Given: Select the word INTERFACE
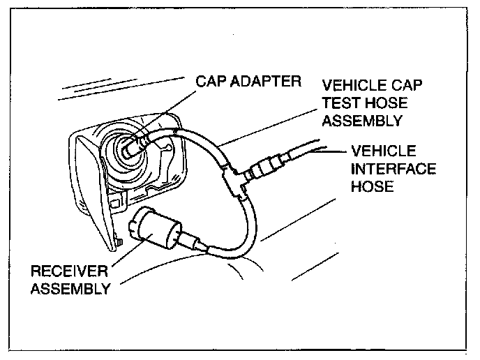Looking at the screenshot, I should pyautogui.click(x=394, y=169).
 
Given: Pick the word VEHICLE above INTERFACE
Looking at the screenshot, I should pyautogui.click(x=384, y=151).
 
